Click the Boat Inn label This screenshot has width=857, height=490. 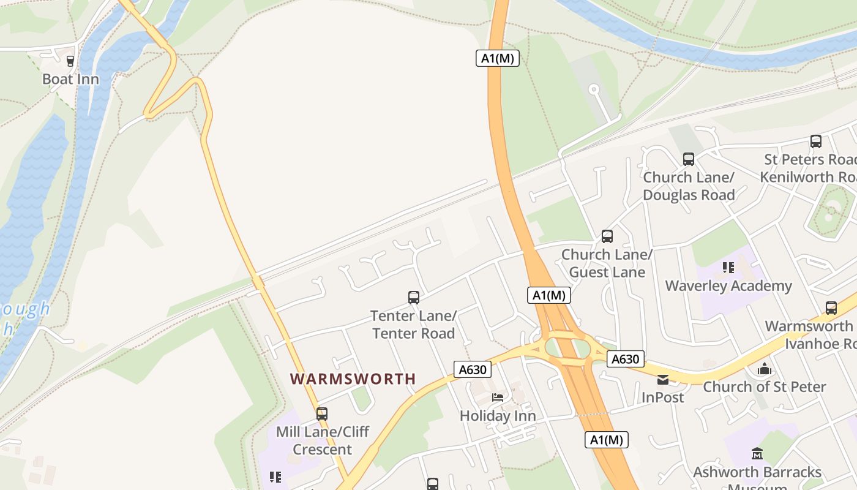[x=70, y=79]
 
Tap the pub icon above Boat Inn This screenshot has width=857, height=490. [x=70, y=61]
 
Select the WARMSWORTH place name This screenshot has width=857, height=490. [x=353, y=379]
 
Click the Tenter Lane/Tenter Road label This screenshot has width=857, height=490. [x=413, y=325]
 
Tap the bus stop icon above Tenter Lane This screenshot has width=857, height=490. [x=414, y=298]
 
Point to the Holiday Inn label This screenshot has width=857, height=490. [x=498, y=416]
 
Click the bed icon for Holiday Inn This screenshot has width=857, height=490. [x=498, y=398]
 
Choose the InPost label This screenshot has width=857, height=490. [x=663, y=397]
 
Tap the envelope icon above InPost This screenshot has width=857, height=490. [x=663, y=380]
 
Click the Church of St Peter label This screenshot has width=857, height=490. [x=765, y=386]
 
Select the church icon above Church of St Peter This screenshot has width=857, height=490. [x=764, y=369]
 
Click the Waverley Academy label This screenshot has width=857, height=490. [x=728, y=286]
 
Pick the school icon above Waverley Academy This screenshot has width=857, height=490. [x=728, y=267]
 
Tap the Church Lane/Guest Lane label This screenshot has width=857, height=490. [x=607, y=263]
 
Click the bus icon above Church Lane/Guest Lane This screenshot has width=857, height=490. [x=607, y=236]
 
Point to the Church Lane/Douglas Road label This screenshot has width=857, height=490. [x=689, y=186]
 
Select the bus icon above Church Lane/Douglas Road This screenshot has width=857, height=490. [x=689, y=159]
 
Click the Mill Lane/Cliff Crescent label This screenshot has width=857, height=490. [x=323, y=440]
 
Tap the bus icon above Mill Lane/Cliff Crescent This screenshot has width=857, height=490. [x=322, y=414]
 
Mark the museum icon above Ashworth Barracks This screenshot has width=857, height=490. [x=757, y=454]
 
